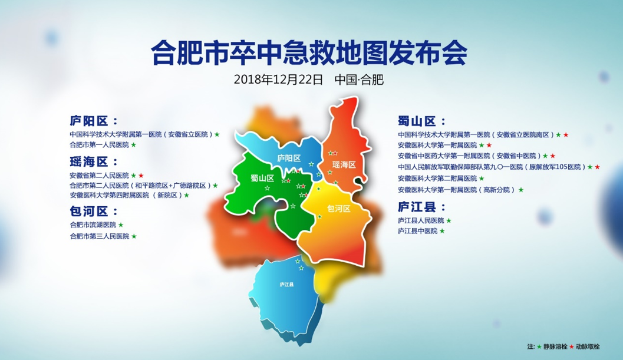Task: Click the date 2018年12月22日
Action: point(278,80)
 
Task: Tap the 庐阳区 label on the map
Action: point(289,158)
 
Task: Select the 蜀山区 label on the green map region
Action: point(263,178)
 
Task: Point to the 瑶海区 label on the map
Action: point(344,164)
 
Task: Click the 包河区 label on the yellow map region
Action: point(338,208)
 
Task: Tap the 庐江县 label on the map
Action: point(286,285)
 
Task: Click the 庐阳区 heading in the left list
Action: point(94,121)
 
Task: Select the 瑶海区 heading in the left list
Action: point(94,161)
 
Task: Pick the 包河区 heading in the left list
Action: point(94,211)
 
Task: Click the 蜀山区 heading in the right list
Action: point(422,121)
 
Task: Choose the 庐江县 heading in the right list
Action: point(422,207)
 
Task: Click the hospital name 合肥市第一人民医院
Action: point(100,145)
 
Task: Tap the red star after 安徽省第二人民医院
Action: point(141,175)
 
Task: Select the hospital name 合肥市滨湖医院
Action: point(93,225)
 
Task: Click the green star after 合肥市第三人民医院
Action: point(134,236)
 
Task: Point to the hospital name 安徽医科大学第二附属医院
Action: point(437,179)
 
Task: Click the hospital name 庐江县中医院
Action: point(417,231)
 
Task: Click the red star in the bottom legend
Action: point(571,346)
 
